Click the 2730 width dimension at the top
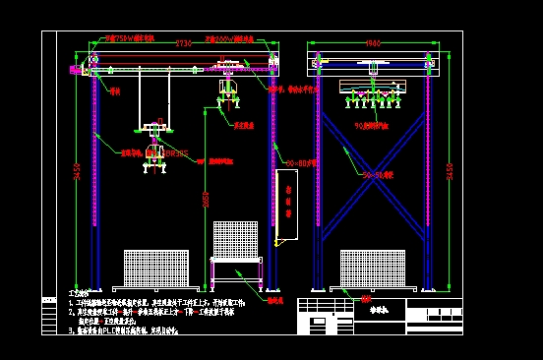click(184, 43)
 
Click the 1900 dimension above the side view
click(373, 43)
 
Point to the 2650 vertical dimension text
click(205, 200)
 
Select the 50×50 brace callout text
click(377, 175)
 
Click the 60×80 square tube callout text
click(301, 162)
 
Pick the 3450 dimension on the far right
click(450, 170)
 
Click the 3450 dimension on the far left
click(77, 170)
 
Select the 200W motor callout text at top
click(228, 39)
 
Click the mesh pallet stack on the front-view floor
click(156, 269)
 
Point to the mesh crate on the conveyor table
click(236, 239)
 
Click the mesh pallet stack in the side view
click(373, 269)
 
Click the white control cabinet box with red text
click(286, 205)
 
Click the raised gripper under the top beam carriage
click(228, 90)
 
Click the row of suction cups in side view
click(372, 97)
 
